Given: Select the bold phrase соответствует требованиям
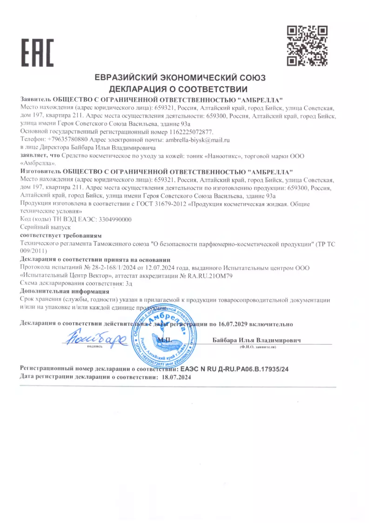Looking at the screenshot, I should [x=61, y=235].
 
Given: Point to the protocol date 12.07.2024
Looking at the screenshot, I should [x=158, y=268].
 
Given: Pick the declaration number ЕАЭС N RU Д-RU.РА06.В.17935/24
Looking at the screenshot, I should [x=234, y=368].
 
